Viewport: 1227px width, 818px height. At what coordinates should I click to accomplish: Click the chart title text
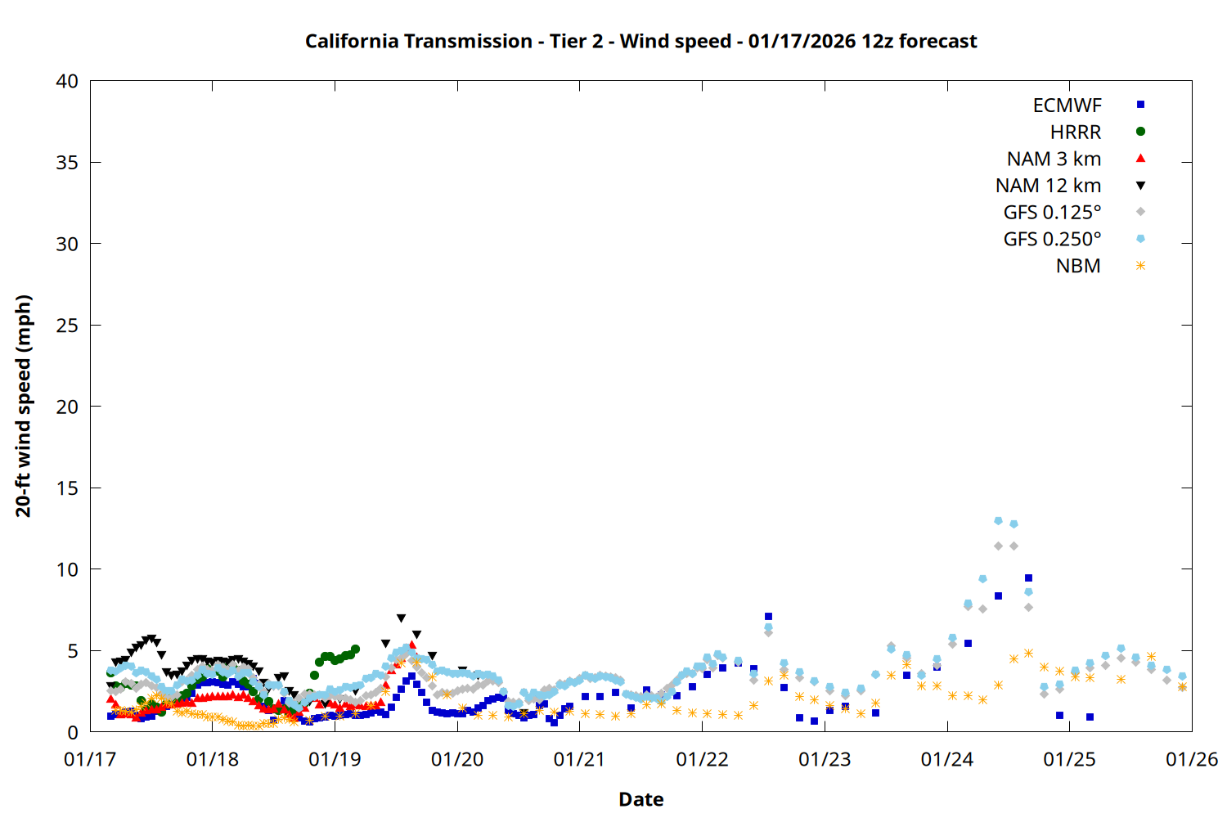640,41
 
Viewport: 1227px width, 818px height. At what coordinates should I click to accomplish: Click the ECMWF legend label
1067,106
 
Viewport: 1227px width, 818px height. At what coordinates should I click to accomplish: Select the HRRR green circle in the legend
1140,132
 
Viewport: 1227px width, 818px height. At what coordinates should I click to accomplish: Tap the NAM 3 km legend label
1054,159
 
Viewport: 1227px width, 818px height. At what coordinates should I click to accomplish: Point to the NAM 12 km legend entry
1048,186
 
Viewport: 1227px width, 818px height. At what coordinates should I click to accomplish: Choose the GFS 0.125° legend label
1052,213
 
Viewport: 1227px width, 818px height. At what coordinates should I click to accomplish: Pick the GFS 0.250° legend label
1052,240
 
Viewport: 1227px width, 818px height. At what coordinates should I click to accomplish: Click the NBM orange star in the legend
1140,266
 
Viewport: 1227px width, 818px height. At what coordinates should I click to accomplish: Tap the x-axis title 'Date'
640,799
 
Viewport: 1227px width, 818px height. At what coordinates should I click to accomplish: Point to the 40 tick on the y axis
67,81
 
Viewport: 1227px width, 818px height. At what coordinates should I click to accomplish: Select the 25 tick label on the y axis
67,325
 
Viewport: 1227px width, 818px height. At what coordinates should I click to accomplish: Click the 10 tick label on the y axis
67,569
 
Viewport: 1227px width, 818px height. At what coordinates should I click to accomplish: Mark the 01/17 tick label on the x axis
90,760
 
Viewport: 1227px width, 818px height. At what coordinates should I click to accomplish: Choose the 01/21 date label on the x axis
579,760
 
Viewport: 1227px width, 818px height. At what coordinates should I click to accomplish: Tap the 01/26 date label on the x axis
1191,760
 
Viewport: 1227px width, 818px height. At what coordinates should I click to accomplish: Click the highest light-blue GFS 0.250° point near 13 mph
998,520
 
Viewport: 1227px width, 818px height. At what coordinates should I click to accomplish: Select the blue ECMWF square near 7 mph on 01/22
768,617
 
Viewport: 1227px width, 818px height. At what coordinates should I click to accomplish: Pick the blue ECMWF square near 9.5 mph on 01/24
1028,578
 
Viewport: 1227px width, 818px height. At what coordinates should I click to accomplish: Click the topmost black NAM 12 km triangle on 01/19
401,618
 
